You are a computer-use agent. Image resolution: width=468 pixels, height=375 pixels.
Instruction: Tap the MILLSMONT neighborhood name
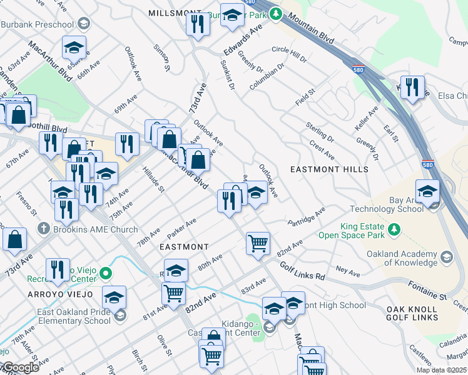click(x=175, y=13)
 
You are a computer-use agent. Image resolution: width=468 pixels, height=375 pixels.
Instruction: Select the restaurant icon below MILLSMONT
click(x=198, y=24)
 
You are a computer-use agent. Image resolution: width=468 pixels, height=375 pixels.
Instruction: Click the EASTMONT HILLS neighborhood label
click(x=329, y=169)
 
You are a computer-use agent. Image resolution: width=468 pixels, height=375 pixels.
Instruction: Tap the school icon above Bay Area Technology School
click(x=427, y=191)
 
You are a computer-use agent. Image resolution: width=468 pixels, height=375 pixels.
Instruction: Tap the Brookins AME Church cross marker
click(x=43, y=229)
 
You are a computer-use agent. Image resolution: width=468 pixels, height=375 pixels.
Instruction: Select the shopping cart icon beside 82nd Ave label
click(x=258, y=243)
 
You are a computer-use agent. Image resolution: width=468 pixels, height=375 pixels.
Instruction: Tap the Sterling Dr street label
click(x=320, y=131)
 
